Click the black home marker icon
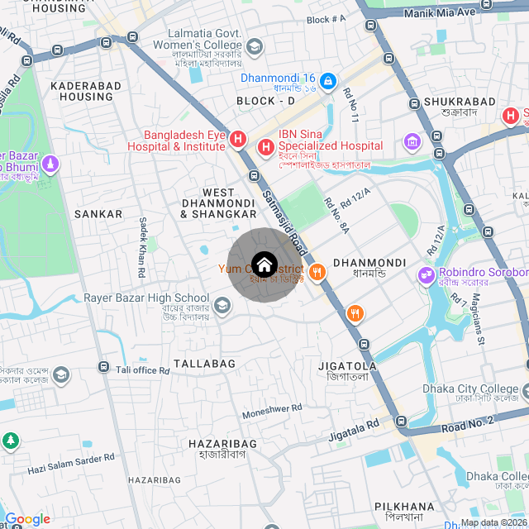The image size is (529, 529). [264, 264]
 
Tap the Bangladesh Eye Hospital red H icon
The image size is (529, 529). [238, 138]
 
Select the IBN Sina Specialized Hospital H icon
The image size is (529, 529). [266, 148]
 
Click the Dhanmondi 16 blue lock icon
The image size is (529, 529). [328, 80]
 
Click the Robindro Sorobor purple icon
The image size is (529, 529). [427, 274]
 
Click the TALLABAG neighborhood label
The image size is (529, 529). [204, 364]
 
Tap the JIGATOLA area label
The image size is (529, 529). [347, 365]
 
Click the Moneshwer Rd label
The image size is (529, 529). [272, 410]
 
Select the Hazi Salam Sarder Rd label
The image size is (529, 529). [71, 465]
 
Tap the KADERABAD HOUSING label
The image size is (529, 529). [81, 91]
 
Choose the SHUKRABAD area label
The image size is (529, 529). [459, 102]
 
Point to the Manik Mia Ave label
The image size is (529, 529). [440, 12]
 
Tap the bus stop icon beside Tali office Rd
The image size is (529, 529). [104, 366]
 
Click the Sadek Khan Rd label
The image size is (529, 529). [142, 246]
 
